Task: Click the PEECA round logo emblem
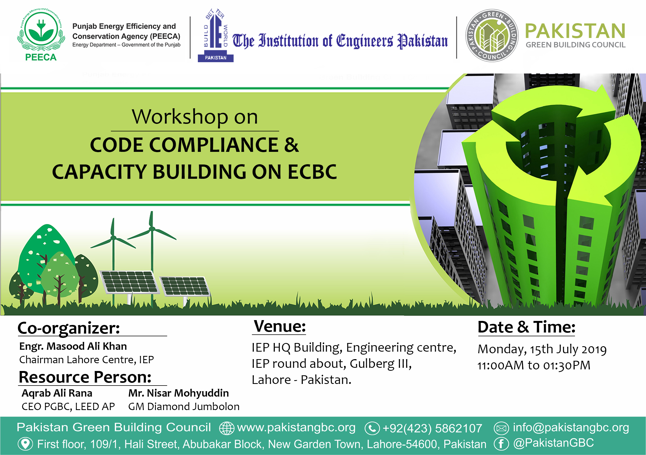tap(41, 31)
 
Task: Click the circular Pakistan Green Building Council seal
tap(492, 36)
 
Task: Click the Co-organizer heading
tap(69, 328)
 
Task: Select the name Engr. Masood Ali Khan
tap(73, 346)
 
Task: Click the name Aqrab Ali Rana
tap(57, 393)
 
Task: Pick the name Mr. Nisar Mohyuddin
tap(179, 393)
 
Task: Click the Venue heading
tap(280, 326)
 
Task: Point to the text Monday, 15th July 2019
tap(542, 349)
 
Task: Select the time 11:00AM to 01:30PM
tap(534, 366)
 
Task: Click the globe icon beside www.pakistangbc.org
tap(226, 428)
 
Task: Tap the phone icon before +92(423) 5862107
tap(372, 428)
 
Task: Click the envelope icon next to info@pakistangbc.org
tap(501, 428)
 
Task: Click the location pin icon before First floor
tap(25, 444)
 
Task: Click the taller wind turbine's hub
tap(152, 229)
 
